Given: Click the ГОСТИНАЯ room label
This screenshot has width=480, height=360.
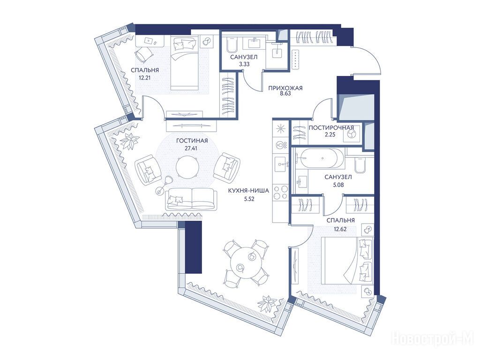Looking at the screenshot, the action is tap(192, 141).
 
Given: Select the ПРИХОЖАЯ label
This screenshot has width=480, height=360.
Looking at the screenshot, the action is tap(285, 88).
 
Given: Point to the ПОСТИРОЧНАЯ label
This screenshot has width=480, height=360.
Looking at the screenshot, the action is tap(331, 127).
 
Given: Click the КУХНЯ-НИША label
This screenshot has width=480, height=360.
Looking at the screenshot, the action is tap(248, 191).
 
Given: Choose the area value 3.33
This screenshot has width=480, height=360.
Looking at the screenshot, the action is tap(244, 64).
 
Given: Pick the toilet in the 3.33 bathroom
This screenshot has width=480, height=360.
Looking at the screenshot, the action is tap(231, 45).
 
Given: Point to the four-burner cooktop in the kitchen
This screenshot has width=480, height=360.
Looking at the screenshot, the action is tap(281, 192).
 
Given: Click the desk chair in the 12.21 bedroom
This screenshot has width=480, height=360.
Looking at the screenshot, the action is tap(143, 54).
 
